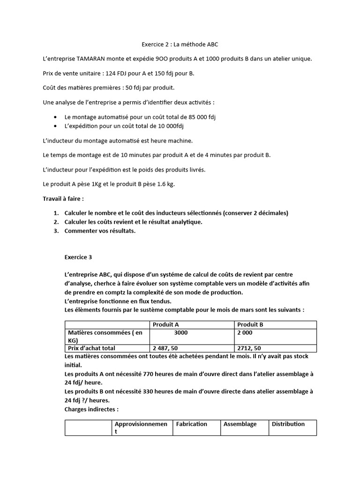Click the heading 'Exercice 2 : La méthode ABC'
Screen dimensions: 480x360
click(180, 45)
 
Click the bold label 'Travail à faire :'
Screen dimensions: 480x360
click(63, 199)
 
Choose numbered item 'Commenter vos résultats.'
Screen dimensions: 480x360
click(100, 231)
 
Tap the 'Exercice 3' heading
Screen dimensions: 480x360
click(78, 257)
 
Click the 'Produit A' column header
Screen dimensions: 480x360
click(165, 324)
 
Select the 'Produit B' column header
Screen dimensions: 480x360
click(250, 324)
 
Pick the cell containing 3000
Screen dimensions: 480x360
click(180, 332)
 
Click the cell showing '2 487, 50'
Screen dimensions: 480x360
click(165, 348)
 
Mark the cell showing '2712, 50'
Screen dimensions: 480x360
click(249, 348)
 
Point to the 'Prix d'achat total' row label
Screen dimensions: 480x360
click(91, 348)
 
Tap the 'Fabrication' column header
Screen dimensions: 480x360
click(191, 424)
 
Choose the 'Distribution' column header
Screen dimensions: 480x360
click(288, 424)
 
